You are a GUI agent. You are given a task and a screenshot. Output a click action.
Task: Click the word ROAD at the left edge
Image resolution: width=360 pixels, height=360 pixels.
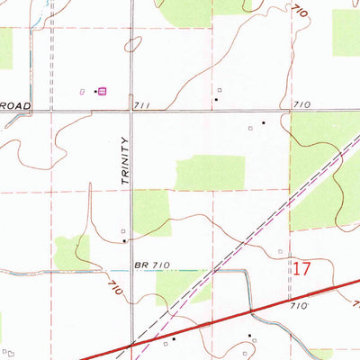coord(15,105)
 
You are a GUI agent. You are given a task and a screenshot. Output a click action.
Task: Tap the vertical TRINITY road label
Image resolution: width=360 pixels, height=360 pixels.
coord(124,160)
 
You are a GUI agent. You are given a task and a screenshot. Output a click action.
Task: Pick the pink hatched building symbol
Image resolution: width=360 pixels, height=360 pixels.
coord(102,91)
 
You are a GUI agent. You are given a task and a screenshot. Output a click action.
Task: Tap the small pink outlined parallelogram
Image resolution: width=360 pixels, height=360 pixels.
coord(83,92)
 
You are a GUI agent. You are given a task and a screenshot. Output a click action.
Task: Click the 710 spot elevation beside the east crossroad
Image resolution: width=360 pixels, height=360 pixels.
coord(301,105)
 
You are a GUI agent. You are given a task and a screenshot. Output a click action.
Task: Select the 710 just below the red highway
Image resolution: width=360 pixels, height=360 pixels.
coord(301,307)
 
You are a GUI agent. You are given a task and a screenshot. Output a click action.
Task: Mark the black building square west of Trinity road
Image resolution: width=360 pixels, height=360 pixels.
coord(123,240)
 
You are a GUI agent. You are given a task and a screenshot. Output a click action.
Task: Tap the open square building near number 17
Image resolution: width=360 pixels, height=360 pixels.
coord(280,251)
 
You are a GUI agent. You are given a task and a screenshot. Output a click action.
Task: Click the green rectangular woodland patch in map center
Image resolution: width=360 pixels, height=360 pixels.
coord(210,173)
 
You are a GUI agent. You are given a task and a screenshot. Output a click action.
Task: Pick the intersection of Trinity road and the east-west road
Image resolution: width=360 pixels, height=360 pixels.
coord(131,111)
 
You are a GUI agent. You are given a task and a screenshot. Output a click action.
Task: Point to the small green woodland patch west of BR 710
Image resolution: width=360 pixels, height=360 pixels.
coord(71,251)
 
